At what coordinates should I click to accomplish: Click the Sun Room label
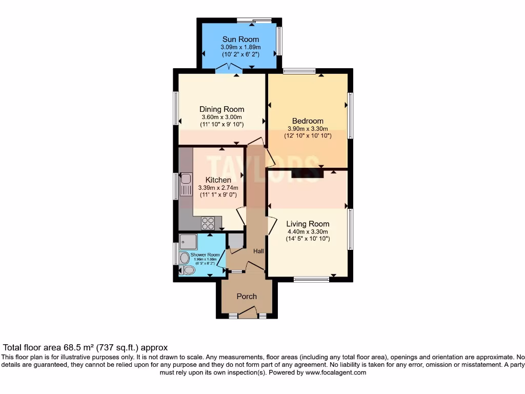pos(240,40)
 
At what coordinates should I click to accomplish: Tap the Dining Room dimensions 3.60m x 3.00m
pos(221,117)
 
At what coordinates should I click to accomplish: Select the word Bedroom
pos(308,121)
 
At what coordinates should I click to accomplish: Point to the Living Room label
pos(308,224)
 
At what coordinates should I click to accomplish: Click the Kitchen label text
pos(218,180)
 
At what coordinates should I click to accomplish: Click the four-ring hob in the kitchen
pos(208,223)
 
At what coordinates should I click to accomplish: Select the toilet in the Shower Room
pos(188,270)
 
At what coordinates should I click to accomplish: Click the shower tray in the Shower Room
pos(188,242)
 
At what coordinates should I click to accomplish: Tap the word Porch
pos(247,296)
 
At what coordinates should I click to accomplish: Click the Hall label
pos(259,251)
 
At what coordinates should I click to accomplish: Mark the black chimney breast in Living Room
pos(307,174)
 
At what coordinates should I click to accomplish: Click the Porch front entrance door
pos(247,311)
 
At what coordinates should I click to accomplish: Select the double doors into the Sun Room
pos(229,68)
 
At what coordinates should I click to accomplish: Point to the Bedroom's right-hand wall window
pos(350,115)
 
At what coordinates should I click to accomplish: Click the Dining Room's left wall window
pos(175,108)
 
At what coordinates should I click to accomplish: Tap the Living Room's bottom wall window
pos(312,280)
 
